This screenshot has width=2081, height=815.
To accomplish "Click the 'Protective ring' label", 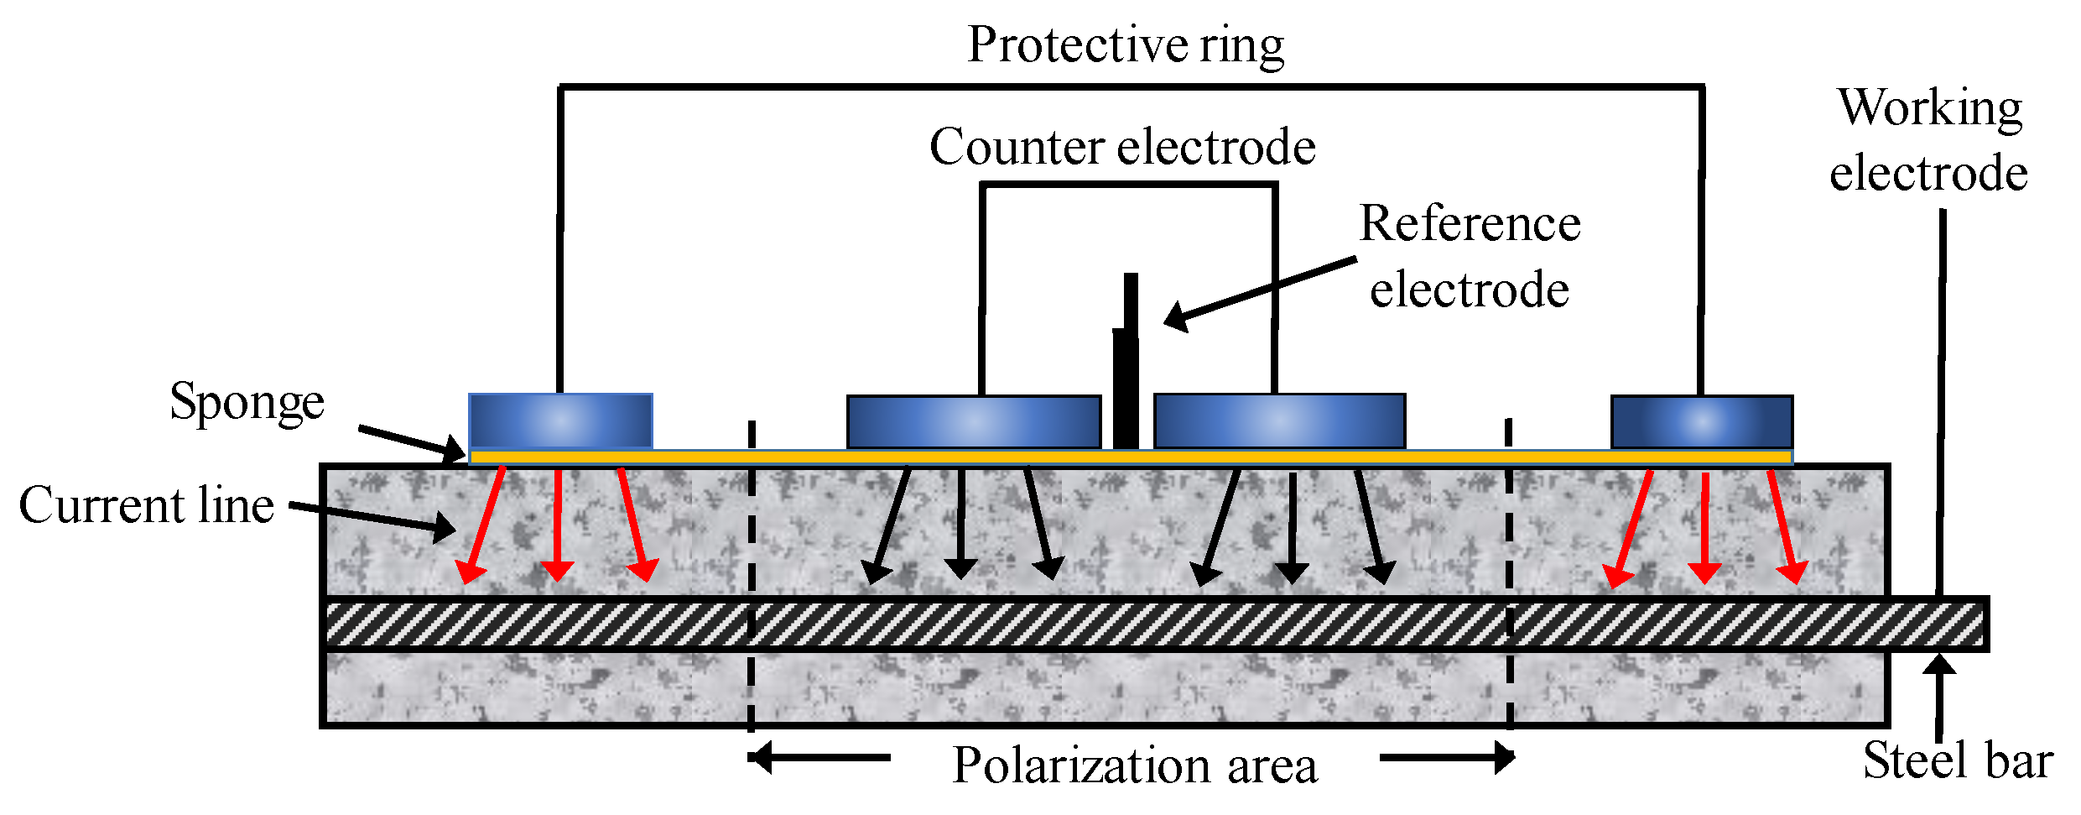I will tap(1126, 45).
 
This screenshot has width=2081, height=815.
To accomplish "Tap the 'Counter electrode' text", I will tap(1122, 148).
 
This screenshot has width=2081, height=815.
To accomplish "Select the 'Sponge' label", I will tap(247, 402).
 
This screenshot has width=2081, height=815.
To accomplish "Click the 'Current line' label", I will tap(147, 505).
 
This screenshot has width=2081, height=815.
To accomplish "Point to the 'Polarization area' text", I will tap(1135, 765).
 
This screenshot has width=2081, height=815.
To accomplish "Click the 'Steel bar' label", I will tap(1958, 760).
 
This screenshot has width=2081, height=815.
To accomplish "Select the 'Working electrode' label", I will tap(1929, 141).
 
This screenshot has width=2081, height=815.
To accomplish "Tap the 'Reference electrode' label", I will tap(1470, 257).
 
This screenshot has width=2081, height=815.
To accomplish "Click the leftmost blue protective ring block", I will tap(560, 421).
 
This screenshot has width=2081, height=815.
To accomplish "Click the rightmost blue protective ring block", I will tap(1702, 421).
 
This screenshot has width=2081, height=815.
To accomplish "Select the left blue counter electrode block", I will tap(974, 421).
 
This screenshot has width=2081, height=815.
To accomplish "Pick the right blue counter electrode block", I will tap(1279, 421).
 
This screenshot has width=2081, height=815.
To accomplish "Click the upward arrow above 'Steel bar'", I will tap(1939, 697).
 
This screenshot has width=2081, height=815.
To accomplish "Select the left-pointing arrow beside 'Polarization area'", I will tap(819, 758).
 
